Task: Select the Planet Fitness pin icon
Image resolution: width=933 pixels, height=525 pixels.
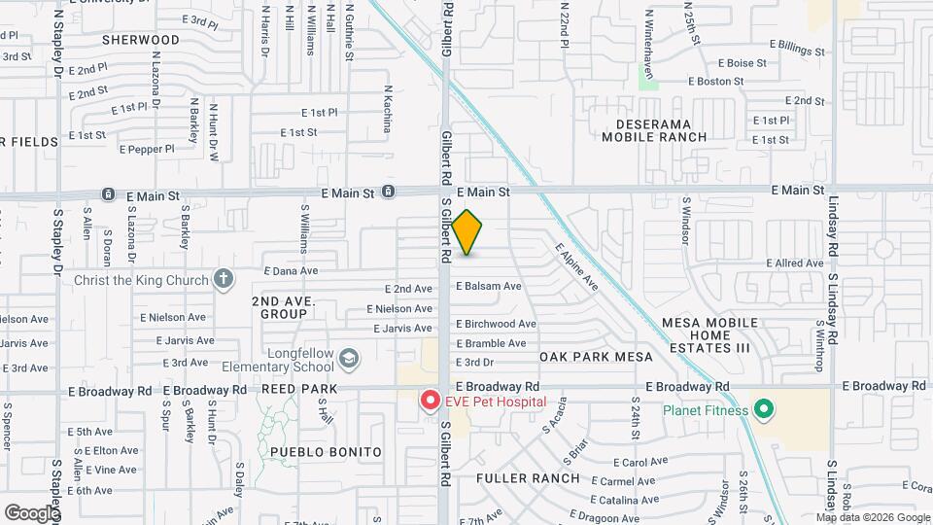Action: coord(764,409)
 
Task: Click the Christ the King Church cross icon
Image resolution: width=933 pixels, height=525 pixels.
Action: coord(224,280)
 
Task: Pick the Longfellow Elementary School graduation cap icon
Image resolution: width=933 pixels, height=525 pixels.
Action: coord(346,362)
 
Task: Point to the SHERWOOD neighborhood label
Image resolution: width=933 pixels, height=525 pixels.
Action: coord(141,40)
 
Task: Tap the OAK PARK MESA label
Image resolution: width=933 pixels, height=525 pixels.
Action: coord(596,357)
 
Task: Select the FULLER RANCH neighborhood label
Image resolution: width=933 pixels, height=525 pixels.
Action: coord(528,478)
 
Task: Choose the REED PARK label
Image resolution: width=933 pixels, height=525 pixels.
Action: coord(298,389)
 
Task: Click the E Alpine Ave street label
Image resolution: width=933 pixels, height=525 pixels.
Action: coord(576,267)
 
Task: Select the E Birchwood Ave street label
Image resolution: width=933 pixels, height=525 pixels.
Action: coord(496,324)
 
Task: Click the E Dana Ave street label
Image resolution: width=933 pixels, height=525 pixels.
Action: coord(291,271)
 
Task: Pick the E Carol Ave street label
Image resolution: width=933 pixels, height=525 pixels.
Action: coord(640,462)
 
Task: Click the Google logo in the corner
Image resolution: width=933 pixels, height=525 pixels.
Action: coord(32,512)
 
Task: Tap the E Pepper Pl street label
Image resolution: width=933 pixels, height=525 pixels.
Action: coord(147,149)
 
